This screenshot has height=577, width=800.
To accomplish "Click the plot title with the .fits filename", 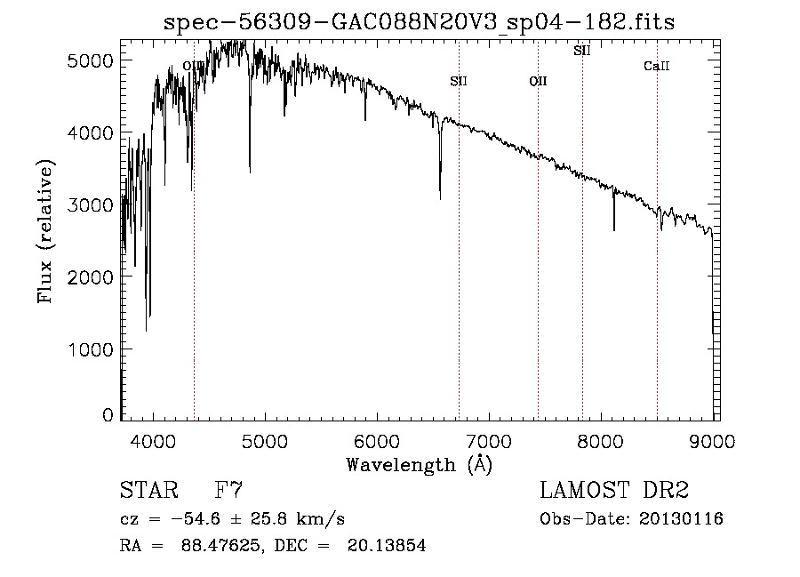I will coord(420,22).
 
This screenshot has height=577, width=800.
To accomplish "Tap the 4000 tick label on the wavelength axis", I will coord(153,440).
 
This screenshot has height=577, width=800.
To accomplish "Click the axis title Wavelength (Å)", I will coord(419,464).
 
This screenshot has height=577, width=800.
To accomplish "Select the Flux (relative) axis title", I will coord(44,231).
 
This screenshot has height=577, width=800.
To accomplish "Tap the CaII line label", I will coord(656,67).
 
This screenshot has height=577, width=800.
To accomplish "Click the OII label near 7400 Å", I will coord(538,82).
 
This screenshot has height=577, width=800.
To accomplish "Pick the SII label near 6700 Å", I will coord(459,82).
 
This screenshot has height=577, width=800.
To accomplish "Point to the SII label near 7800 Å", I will coord(582,51).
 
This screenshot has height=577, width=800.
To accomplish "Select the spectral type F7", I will coord(228,491).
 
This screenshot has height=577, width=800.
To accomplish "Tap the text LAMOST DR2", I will coord(614,491).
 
